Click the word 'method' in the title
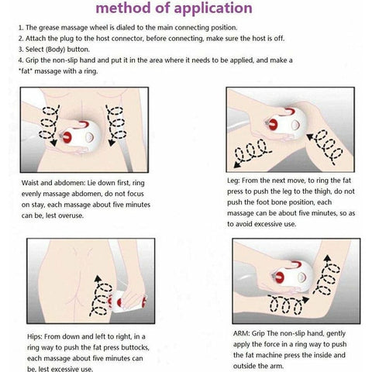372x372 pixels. (123, 8)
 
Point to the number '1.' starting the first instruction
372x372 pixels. (21, 28)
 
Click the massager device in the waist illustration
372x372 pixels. (81, 136)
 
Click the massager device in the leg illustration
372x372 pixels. (285, 123)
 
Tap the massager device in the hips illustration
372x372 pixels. (126, 301)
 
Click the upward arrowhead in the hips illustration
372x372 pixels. (98, 278)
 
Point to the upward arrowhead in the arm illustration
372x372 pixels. (328, 259)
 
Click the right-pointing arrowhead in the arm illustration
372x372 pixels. (306, 300)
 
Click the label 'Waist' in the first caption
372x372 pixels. (30, 183)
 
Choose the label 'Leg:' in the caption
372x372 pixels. (233, 181)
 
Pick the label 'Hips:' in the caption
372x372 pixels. (35, 337)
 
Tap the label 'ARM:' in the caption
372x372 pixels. (242, 333)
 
